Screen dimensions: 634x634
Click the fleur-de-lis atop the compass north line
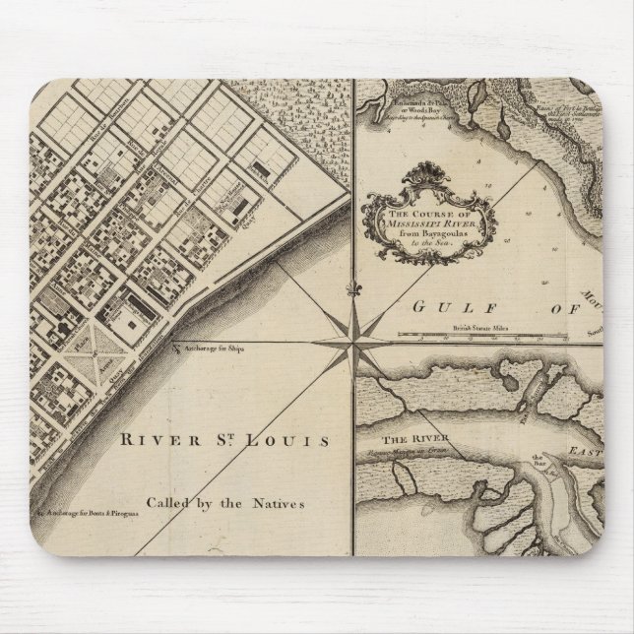pos(351,289)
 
